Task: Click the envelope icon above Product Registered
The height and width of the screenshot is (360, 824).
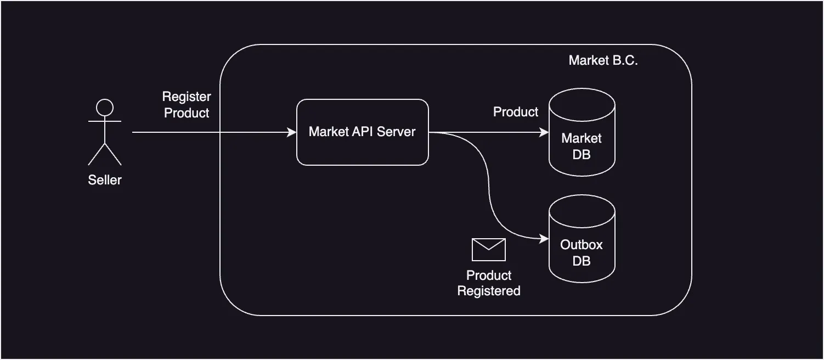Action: [488, 250]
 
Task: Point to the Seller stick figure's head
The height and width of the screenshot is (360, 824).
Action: [105, 107]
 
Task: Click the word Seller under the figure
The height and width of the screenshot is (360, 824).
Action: [105, 180]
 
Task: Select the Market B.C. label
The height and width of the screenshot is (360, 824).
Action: [603, 60]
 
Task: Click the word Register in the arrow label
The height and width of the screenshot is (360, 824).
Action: [187, 97]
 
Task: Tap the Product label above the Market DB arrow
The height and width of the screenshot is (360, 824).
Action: [516, 112]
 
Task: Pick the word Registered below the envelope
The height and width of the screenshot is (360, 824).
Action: [489, 291]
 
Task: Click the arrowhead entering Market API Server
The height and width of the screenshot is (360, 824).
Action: [292, 132]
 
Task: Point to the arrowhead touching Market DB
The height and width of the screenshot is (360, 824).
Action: [544, 132]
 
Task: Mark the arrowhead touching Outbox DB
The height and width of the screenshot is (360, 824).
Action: [544, 239]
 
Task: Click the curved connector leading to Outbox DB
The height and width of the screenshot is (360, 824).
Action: [488, 187]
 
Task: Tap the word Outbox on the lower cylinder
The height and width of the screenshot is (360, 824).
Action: [582, 245]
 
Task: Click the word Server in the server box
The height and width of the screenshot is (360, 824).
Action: [396, 132]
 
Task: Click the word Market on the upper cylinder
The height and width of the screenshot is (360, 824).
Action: [582, 138]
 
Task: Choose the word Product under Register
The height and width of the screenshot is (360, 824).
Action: [187, 113]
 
